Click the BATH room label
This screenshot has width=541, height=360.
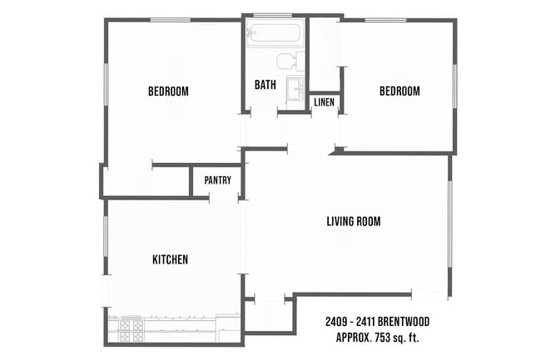coord(266,85)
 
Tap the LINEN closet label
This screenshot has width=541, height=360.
coord(324,102)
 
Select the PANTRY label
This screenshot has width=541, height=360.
coord(217,180)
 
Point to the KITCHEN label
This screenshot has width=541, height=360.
coord(170,260)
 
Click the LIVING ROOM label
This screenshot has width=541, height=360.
coord(353,221)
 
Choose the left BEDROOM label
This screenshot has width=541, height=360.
coord(168,91)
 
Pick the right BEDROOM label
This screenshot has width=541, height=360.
coord(400,91)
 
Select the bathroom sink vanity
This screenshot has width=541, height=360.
coord(294,89)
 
